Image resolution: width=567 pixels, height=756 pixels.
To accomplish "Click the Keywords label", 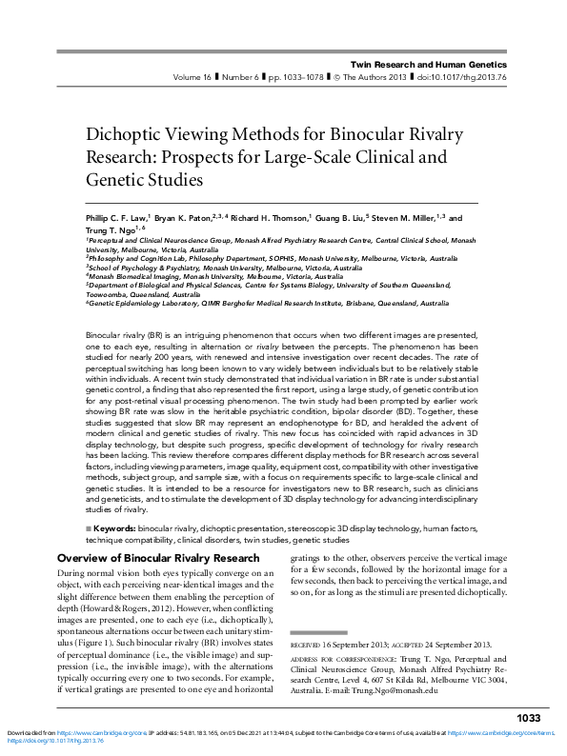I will [x=114, y=526].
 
